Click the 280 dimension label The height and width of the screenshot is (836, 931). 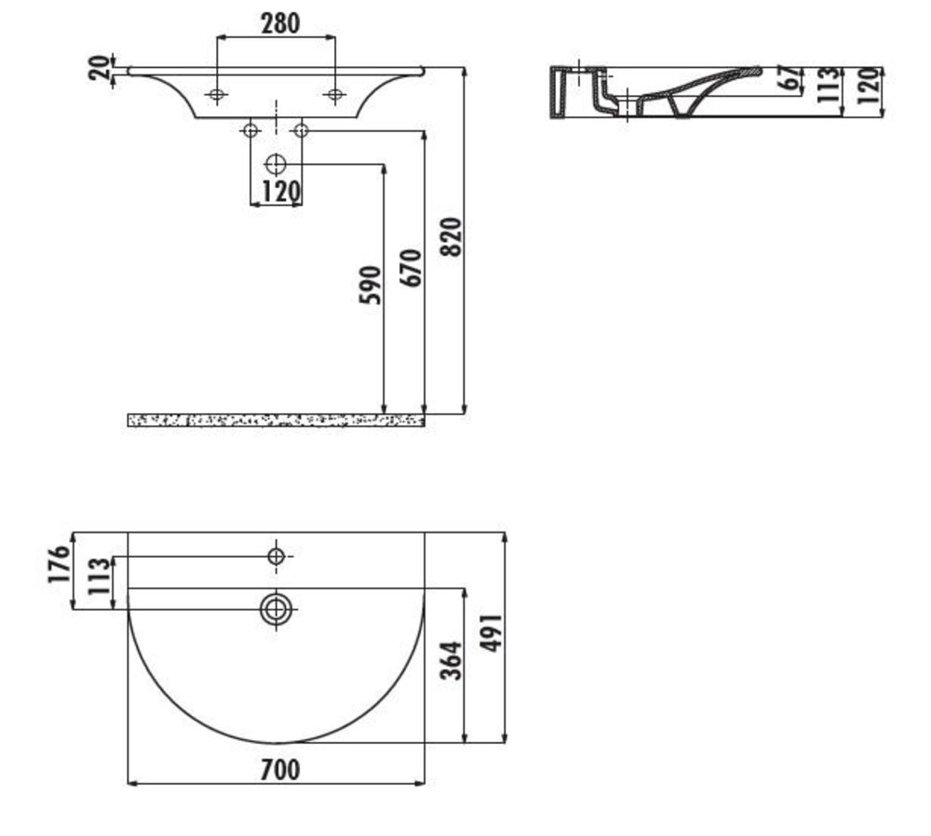[280, 23]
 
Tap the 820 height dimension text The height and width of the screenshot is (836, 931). [452, 236]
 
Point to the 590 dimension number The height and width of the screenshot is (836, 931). [371, 285]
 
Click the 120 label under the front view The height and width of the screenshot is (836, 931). [281, 192]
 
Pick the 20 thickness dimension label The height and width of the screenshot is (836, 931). [100, 67]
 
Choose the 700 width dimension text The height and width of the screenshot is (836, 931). [280, 770]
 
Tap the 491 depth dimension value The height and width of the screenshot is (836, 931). [492, 633]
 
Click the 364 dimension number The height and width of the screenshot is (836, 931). [452, 660]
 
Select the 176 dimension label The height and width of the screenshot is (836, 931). [60, 564]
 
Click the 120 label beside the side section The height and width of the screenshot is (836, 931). [868, 85]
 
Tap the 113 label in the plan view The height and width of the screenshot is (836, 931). [100, 576]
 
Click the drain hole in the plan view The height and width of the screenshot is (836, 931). [277, 609]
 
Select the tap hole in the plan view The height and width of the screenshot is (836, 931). [277, 557]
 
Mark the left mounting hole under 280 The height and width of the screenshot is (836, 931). [217, 94]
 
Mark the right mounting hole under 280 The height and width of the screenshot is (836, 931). [335, 94]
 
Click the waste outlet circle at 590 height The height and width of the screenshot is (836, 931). [277, 164]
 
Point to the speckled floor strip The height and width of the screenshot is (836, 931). [277, 421]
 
